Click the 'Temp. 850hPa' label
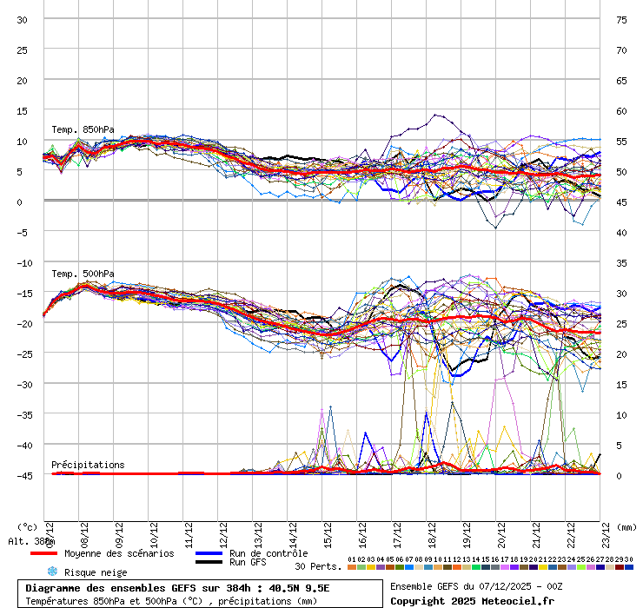coord(83,129)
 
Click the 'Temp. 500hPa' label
coord(83,274)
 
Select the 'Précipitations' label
coord(88,465)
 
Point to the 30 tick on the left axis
coord(23,20)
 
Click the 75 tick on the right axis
coord(621,20)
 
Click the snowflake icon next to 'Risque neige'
coord(52,572)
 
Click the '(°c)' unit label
coord(27,527)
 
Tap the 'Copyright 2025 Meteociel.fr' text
coord(473,600)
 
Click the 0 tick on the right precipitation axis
coord(620,475)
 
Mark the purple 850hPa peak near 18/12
coord(434,115)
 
